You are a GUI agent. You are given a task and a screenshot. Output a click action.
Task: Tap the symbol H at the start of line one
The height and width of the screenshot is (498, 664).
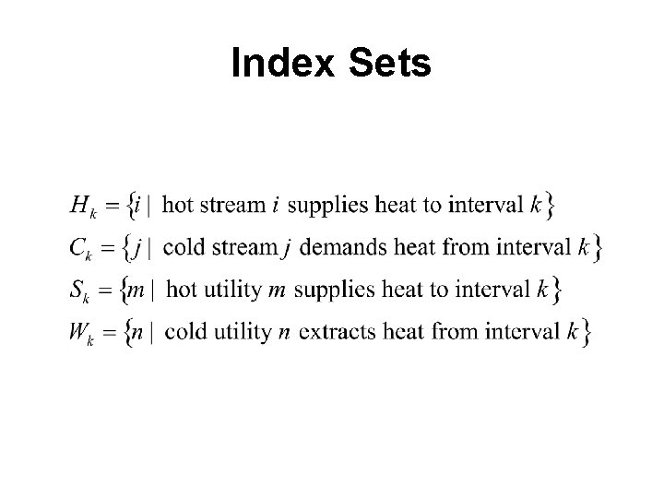[x=79, y=205]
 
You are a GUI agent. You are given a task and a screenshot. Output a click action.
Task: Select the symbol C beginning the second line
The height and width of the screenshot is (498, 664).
[x=78, y=247]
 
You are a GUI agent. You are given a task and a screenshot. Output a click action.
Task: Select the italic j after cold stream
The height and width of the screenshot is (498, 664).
[x=289, y=247]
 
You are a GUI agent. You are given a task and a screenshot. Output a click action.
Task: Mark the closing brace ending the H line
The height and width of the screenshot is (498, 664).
[x=550, y=205]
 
